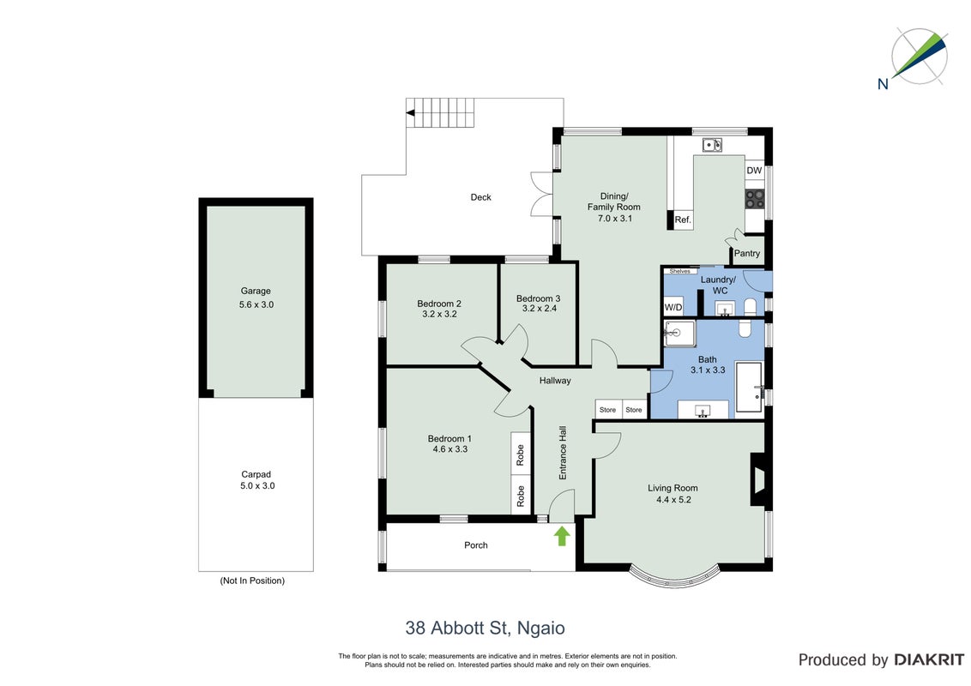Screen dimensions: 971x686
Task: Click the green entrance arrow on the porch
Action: click(x=562, y=536)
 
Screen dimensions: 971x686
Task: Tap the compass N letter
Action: click(x=883, y=83)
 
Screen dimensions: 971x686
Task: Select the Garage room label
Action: click(x=256, y=291)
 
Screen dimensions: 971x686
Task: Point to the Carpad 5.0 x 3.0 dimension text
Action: click(x=257, y=486)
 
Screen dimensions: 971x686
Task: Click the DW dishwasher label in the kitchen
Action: click(x=754, y=171)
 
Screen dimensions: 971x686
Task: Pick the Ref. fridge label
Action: click(x=683, y=220)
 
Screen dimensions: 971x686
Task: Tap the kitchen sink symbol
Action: click(x=712, y=145)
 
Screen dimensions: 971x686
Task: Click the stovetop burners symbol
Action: click(x=754, y=199)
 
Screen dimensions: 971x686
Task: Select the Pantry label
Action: click(x=747, y=253)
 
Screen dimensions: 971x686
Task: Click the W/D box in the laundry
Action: click(x=673, y=307)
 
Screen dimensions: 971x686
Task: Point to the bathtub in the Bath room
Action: click(x=749, y=388)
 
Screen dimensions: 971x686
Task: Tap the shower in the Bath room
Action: click(x=679, y=334)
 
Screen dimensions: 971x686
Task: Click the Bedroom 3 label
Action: click(x=538, y=298)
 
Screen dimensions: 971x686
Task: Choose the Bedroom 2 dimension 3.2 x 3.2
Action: click(x=440, y=314)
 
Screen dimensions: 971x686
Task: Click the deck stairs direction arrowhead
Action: click(x=410, y=113)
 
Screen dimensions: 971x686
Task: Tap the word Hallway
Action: click(x=555, y=381)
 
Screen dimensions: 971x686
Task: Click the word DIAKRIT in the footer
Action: click(x=928, y=660)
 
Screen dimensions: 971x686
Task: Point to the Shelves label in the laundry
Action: click(x=679, y=271)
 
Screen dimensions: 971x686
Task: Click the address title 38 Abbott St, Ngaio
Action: click(x=485, y=629)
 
